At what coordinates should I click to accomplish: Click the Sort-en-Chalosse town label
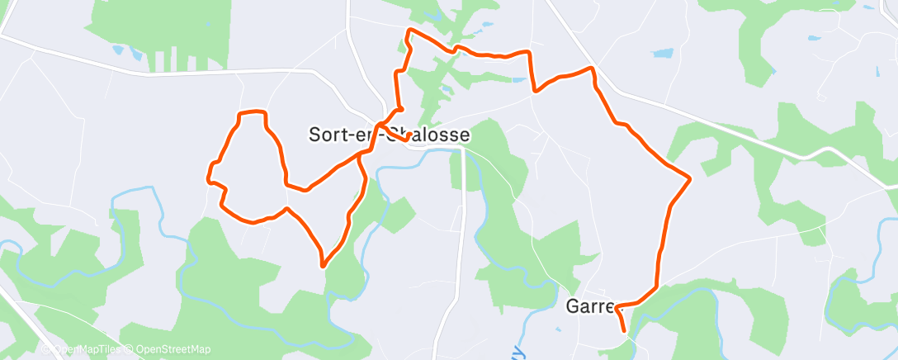(390, 135)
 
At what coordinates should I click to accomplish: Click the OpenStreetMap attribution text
(173, 350)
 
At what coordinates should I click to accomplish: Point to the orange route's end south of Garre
(624, 331)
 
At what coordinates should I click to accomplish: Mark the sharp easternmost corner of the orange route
(689, 178)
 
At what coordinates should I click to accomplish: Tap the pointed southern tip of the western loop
(323, 266)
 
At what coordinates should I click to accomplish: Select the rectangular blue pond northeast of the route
(663, 54)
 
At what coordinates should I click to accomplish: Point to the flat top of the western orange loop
(253, 111)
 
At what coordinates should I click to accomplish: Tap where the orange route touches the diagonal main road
(592, 68)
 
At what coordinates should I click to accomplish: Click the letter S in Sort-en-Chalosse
(315, 135)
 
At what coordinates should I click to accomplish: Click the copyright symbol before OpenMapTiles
(47, 350)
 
